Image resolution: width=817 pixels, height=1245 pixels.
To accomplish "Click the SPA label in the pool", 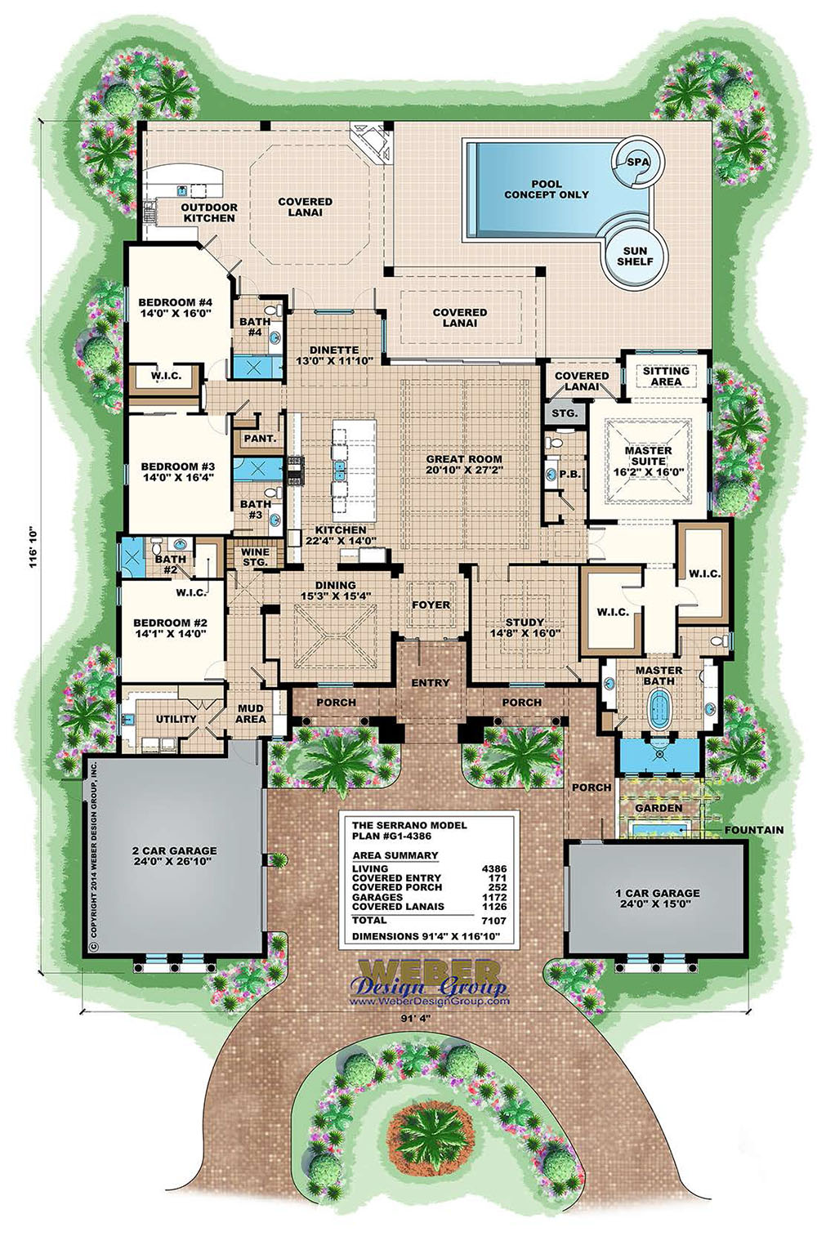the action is coord(635,162).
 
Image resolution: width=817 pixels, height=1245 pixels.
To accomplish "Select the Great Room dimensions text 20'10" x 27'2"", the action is coord(464,471).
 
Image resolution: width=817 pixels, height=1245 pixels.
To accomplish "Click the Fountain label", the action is coord(753,830).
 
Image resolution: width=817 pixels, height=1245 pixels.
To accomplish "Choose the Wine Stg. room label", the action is coord(255,557).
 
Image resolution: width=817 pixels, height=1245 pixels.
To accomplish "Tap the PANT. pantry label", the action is coord(260,439).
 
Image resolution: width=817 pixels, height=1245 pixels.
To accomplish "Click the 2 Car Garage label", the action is coord(174,851).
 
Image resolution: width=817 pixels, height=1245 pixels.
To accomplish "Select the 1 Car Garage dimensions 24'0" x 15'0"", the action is coord(658,904).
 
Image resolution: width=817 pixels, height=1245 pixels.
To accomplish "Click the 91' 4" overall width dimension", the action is coord(414,1018).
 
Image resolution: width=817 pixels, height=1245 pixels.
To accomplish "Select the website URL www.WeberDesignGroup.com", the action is coord(429,1001).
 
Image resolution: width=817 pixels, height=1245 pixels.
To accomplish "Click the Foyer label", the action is coord(431,605).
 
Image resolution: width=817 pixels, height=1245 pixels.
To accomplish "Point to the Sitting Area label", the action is coord(666,376).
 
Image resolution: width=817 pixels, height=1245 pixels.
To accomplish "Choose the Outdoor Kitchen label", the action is coord(209,212).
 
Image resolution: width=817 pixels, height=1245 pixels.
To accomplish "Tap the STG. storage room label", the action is coord(565,413).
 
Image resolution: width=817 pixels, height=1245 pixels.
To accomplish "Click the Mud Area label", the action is coord(251,714).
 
